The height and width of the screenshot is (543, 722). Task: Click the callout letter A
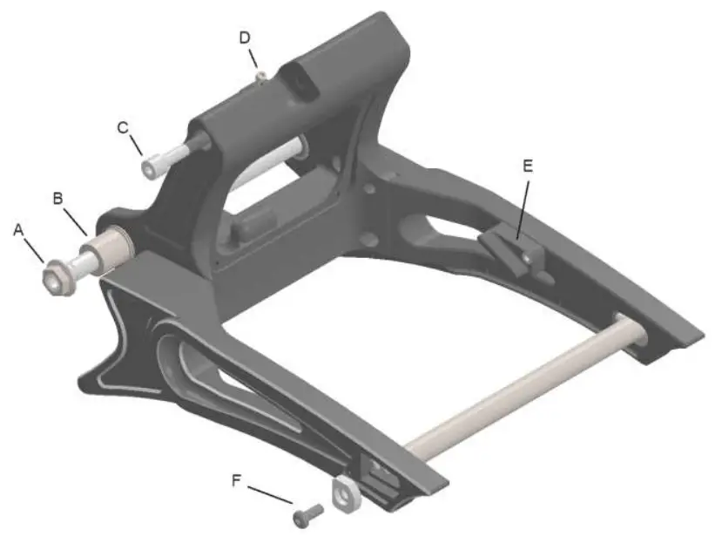(20, 230)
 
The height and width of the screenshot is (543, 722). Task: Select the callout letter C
(124, 127)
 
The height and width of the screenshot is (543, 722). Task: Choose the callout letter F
(238, 480)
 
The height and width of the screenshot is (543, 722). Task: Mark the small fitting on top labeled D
(260, 78)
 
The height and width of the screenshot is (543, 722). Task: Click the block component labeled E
(507, 251)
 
